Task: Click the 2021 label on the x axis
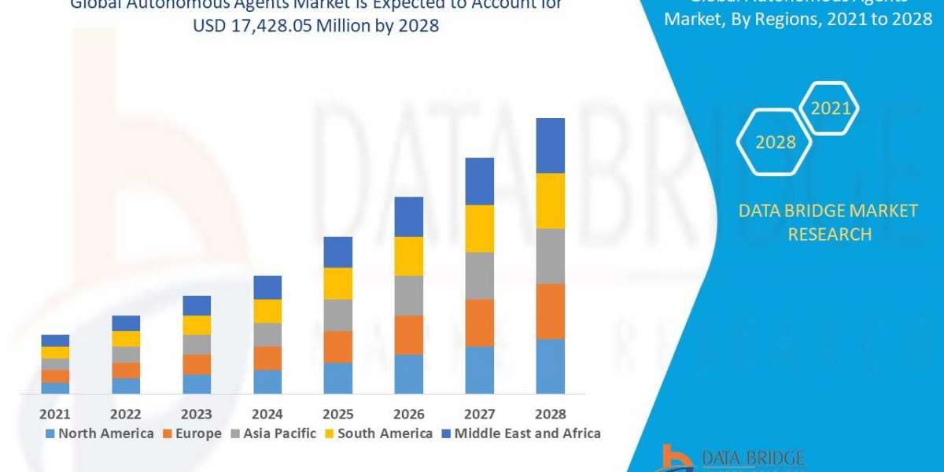55,414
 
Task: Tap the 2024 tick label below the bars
267,414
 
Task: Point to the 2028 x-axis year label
551,414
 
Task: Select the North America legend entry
100,433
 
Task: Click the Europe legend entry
192,433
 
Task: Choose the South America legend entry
378,433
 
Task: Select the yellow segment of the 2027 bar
480,228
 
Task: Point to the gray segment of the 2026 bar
409,295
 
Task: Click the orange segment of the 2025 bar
338,346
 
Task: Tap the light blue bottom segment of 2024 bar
267,382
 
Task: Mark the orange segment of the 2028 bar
551,312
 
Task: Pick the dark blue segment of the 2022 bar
126,323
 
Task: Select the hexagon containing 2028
775,142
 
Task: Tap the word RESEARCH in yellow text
828,234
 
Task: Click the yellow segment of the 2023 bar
197,325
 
